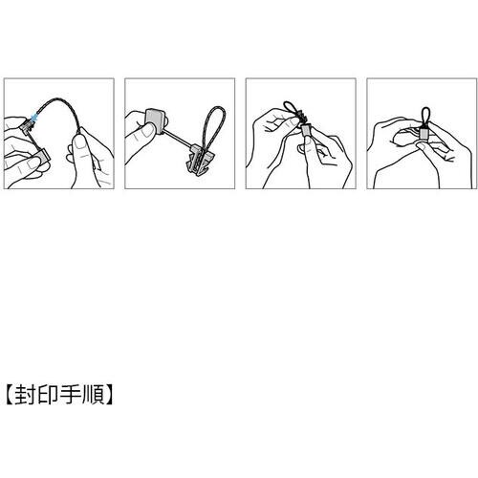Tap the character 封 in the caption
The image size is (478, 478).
pos(25,392)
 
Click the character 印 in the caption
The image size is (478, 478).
pos(48,392)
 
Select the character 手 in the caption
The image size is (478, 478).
pos(71,392)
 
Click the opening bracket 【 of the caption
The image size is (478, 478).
pos(9,392)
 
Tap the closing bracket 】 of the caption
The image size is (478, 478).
pos(110,392)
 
